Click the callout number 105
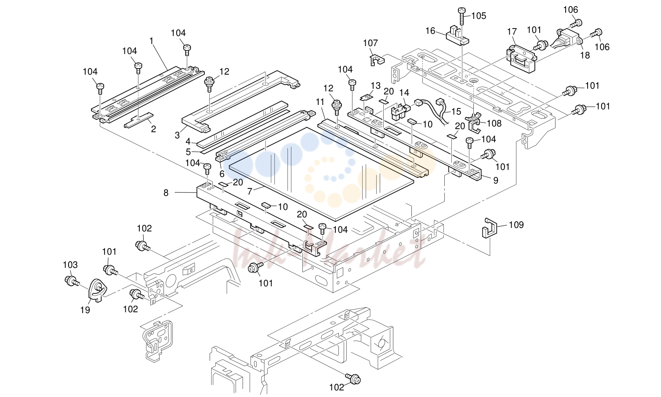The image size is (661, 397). pos(479,16)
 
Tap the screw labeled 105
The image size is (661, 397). pos(462,16)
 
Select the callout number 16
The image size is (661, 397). pos(430,31)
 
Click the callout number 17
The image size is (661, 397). pos(512,31)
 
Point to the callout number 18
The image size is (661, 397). pos(585,55)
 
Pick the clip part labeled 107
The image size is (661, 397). pos(377,59)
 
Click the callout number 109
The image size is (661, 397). pos(516,225)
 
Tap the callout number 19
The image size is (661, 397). pos(85,310)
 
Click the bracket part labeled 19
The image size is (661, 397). pos(98,290)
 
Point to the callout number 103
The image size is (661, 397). pos(70,265)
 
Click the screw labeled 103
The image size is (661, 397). pos(71,281)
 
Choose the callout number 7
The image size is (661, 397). pos(250,192)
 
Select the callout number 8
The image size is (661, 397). pos(166,193)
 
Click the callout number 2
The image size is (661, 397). pos(153,129)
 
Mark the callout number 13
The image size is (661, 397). pos(376,86)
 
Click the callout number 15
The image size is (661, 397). pos(456,112)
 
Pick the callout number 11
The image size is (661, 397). pos(320,102)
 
